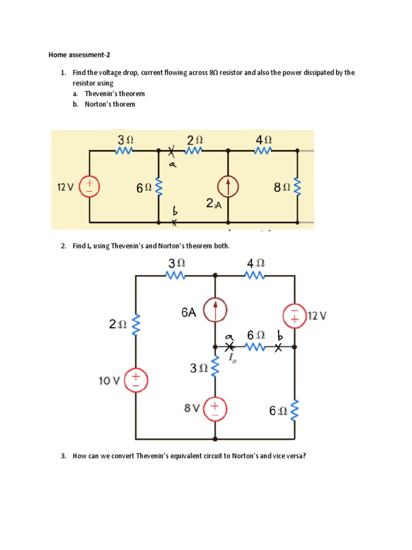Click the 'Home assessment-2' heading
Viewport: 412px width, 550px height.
(x=79, y=55)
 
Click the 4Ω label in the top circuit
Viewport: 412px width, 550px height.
(x=264, y=139)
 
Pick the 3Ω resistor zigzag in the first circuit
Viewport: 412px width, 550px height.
(x=124, y=151)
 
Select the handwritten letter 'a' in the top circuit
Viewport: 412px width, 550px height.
(x=173, y=165)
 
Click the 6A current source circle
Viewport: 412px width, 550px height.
(x=216, y=311)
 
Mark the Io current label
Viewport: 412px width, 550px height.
(x=233, y=359)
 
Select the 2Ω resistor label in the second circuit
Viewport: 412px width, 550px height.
(x=117, y=324)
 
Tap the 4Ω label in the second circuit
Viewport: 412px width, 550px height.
(x=255, y=263)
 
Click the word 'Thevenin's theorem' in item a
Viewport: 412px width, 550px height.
(x=115, y=93)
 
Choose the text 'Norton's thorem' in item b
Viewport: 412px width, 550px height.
(x=110, y=104)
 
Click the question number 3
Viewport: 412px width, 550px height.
(x=63, y=456)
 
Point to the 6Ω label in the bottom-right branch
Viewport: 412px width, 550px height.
(x=278, y=411)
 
